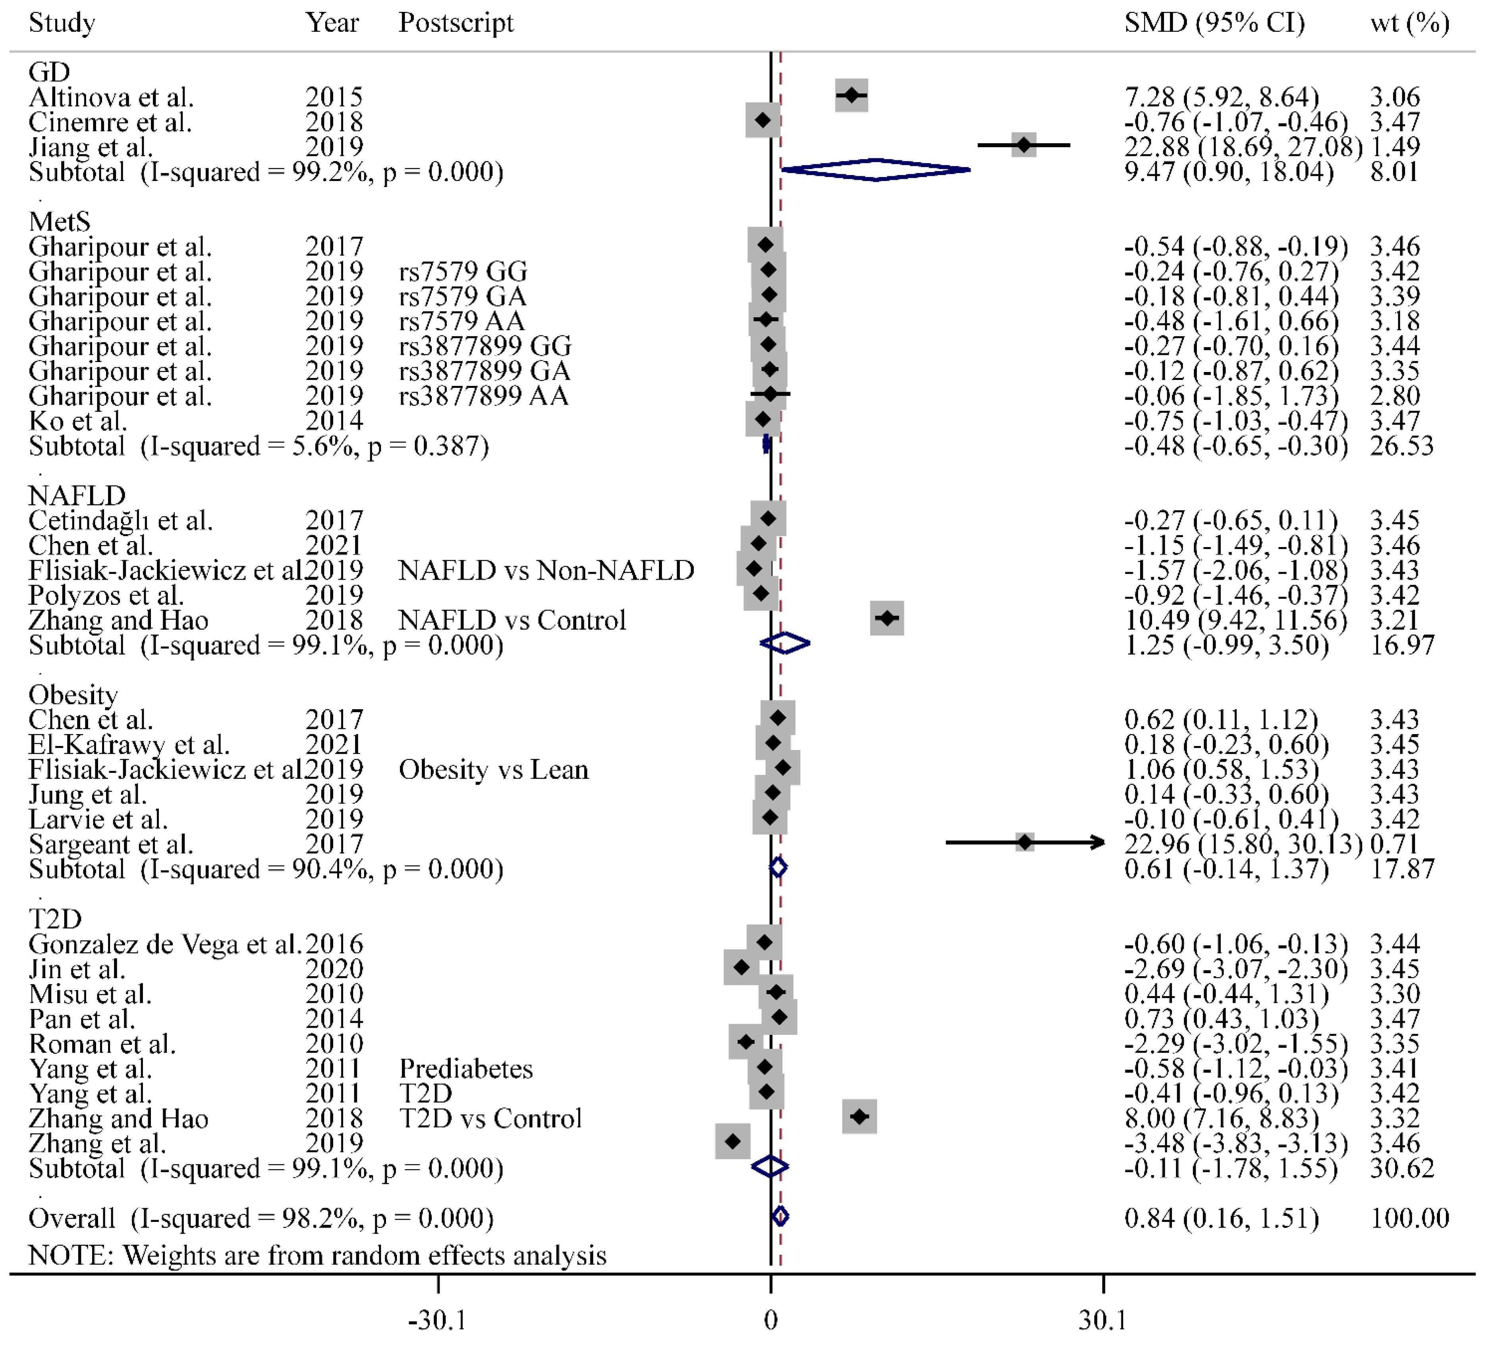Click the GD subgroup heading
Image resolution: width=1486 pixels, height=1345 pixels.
tap(49, 71)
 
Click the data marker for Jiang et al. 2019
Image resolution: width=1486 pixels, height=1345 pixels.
tap(1023, 145)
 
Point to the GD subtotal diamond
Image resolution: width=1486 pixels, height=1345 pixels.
tap(876, 170)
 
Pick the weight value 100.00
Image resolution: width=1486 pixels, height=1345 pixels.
tap(1409, 1218)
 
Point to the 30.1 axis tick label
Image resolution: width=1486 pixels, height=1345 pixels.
tap(1103, 1319)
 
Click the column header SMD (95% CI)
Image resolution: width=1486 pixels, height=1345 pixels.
tap(1213, 23)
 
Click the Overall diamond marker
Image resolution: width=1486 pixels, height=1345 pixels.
tap(780, 1216)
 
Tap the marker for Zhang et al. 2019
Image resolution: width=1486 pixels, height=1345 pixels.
tap(732, 1141)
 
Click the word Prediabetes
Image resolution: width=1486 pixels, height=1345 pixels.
tap(465, 1068)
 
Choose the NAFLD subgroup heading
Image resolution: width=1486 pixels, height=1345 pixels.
tap(77, 495)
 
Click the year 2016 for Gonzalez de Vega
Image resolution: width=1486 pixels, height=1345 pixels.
tap(334, 943)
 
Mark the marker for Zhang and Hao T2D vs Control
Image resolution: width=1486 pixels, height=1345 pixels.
tap(859, 1117)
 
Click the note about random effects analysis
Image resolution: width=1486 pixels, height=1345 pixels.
tap(317, 1254)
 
